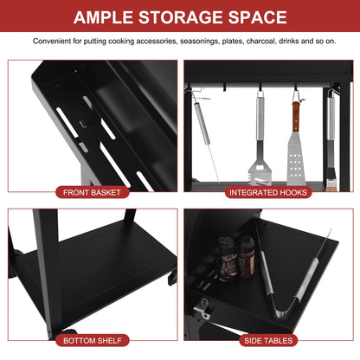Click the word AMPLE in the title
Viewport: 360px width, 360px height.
[x=103, y=17]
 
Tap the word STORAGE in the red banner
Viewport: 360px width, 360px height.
[x=181, y=17]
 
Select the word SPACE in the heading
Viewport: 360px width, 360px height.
[x=258, y=17]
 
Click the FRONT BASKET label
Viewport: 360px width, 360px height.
[x=92, y=192]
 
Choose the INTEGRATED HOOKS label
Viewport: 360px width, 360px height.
[x=268, y=192]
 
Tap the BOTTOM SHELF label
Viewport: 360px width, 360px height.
[x=93, y=341]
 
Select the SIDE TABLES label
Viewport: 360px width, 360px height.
[x=268, y=341]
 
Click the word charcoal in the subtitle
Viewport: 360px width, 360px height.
[x=260, y=42]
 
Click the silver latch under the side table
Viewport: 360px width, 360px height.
[x=202, y=308]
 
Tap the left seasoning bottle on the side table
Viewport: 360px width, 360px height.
[x=227, y=259]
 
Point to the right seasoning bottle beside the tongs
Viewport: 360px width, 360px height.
[x=246, y=257]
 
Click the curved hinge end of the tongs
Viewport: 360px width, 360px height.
[x=280, y=312]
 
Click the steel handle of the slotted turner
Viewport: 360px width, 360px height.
[x=260, y=119]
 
